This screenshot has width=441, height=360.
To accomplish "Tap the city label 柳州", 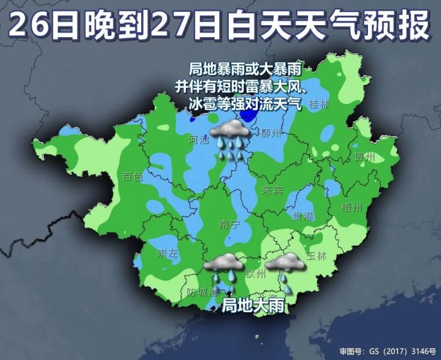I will point(269,133).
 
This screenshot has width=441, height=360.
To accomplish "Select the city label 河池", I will point(198,141).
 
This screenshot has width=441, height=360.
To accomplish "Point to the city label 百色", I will point(133,177).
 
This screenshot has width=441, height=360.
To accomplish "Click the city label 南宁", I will point(229,224).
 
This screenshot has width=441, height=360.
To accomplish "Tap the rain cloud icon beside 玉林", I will point(285,269).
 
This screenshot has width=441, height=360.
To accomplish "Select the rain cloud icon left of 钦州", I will point(225,269).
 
